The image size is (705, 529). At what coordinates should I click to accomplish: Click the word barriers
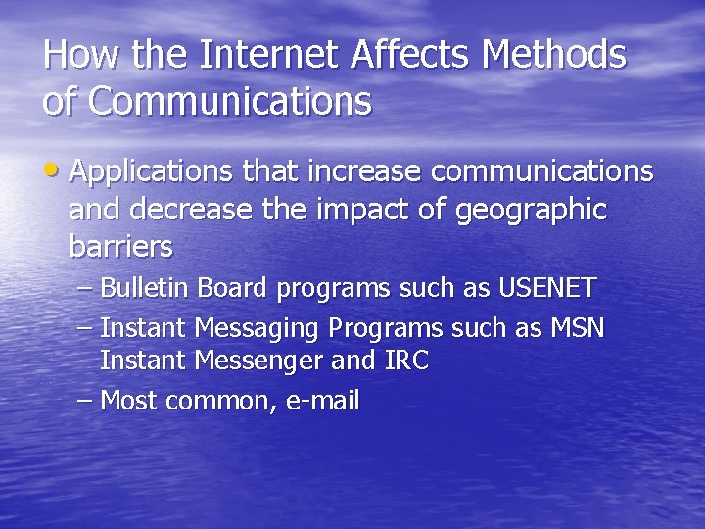(x=120, y=247)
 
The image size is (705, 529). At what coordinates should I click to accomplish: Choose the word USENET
(x=547, y=288)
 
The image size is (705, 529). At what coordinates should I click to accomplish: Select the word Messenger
(x=259, y=361)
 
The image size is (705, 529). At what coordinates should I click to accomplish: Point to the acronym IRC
(x=406, y=361)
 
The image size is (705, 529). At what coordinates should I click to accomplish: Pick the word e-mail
(x=322, y=400)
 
